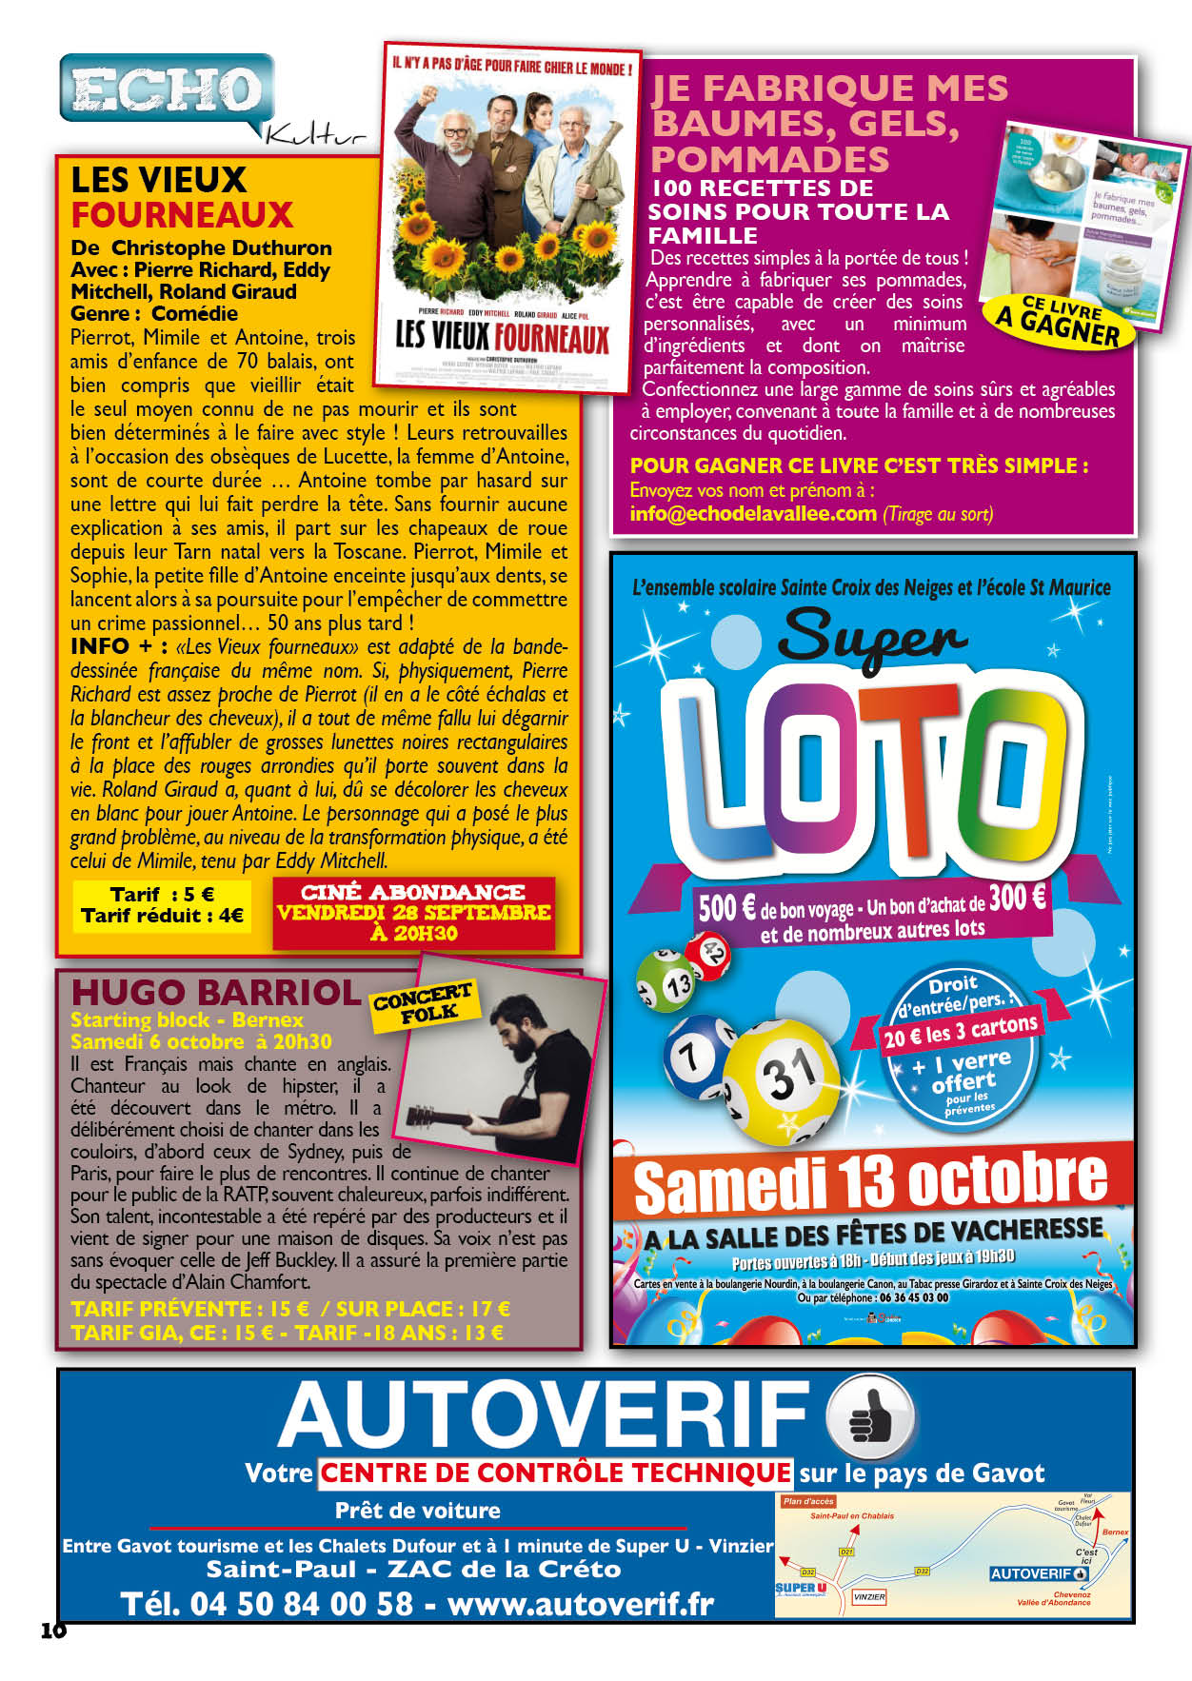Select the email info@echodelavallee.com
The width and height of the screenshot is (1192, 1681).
(x=752, y=514)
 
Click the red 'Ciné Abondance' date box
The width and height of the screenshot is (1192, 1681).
(x=414, y=913)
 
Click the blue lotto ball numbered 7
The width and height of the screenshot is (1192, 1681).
(x=693, y=1055)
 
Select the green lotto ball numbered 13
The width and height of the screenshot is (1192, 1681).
(x=667, y=984)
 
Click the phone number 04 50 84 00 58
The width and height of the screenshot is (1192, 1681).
(x=268, y=1604)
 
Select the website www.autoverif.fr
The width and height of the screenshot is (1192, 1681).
(x=581, y=1604)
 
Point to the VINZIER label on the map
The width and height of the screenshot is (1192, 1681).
(x=869, y=1597)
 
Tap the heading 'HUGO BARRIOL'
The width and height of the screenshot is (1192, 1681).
(x=216, y=993)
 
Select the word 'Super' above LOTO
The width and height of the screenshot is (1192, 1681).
(x=874, y=635)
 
